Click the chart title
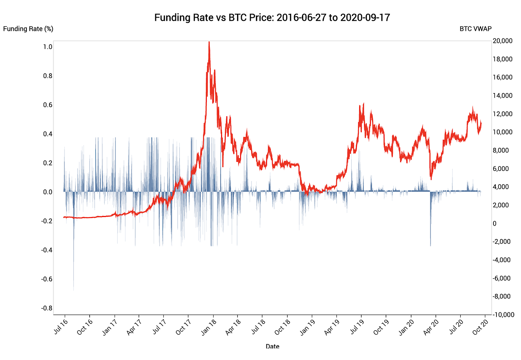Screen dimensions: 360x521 (x=272, y=17)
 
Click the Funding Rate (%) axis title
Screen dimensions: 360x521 (x=28, y=29)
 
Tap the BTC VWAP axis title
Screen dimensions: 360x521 (x=475, y=29)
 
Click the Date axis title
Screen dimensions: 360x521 (x=272, y=346)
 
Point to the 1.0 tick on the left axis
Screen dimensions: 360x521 (x=48, y=47)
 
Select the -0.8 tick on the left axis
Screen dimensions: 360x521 (x=47, y=308)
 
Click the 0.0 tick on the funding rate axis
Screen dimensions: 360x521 (x=48, y=192)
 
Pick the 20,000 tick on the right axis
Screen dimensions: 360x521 (x=502, y=41)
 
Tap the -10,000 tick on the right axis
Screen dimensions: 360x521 (x=503, y=315)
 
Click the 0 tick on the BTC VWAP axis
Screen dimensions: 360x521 (x=495, y=223)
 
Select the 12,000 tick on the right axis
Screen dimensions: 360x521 (x=502, y=114)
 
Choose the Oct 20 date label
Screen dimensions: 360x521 (x=480, y=327)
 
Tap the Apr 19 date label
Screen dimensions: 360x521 (x=332, y=327)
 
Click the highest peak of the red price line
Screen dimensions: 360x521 (x=209, y=42)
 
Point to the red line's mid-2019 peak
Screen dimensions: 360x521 (x=363, y=104)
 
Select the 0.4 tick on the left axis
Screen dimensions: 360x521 (x=48, y=134)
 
